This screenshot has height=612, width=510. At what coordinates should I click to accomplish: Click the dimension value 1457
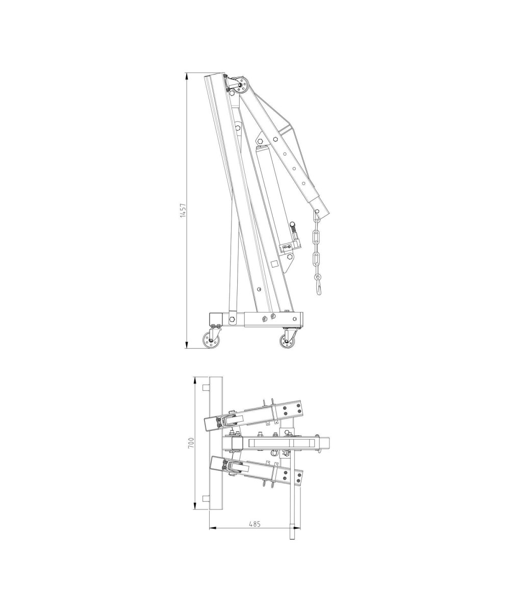(183, 210)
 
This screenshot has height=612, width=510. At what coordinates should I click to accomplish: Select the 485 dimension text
(254, 524)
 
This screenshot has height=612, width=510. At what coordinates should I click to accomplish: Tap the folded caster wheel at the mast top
(242, 85)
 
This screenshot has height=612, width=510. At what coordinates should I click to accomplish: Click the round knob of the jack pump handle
(292, 224)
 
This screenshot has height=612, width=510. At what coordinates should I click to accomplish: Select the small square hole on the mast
(274, 264)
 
